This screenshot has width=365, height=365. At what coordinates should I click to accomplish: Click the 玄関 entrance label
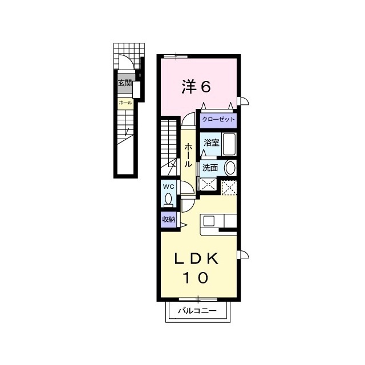[x=125, y=83]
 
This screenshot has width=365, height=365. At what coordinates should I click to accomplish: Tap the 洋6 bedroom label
[x=196, y=87]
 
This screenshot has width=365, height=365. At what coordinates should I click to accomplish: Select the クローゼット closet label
[x=218, y=120]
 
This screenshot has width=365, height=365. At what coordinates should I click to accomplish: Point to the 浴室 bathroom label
[x=212, y=143]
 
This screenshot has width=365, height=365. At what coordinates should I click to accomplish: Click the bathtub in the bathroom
[x=229, y=144]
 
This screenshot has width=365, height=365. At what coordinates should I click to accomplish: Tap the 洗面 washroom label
[x=210, y=168]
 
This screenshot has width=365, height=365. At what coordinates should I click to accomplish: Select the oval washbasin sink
[x=230, y=168]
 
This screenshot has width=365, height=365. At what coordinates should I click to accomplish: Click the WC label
[x=168, y=186]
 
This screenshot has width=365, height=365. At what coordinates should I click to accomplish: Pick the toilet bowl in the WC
[x=168, y=199]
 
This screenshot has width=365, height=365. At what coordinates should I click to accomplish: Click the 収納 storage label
[x=169, y=219]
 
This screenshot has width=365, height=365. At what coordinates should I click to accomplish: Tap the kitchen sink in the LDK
[x=209, y=221]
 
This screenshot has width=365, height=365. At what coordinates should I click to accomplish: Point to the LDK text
[x=196, y=258]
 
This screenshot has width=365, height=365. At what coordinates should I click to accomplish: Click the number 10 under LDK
[x=196, y=278]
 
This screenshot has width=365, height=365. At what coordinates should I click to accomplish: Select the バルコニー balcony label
[x=197, y=310]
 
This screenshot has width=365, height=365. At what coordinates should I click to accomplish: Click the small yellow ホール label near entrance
[x=125, y=103]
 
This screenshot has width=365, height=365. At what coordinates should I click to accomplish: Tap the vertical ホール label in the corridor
[x=188, y=155]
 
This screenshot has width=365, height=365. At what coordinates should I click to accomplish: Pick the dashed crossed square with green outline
[x=229, y=188]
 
